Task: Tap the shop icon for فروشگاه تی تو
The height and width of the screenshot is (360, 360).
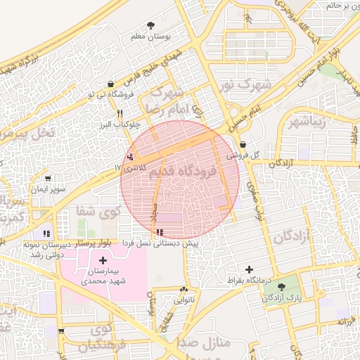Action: click(112, 84)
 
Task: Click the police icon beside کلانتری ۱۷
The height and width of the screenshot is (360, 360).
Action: click(130, 157)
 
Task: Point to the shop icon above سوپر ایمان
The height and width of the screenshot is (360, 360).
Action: click(47, 179)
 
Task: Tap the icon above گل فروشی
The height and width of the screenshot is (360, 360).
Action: click(243, 144)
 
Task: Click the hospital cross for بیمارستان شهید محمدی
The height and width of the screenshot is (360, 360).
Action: click(103, 260)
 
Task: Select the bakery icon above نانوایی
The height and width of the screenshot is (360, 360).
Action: click(184, 290)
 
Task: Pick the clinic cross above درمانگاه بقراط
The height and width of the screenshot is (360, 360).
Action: click(249, 269)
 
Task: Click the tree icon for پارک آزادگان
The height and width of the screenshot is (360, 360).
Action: click(282, 287)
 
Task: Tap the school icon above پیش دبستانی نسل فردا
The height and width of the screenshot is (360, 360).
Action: click(161, 231)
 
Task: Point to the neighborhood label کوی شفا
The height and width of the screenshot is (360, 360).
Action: click(98, 210)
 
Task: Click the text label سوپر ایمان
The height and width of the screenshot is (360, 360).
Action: click(47, 190)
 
